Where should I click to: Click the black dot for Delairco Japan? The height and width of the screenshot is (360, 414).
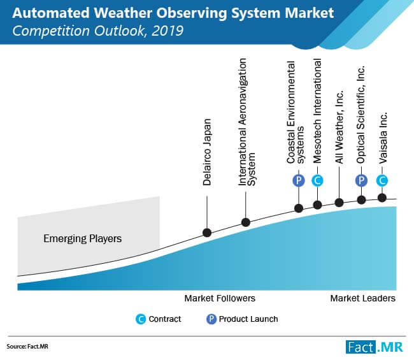pyautogui.click(x=207, y=233)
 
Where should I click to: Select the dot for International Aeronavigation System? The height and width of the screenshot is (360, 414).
pyautogui.click(x=246, y=222)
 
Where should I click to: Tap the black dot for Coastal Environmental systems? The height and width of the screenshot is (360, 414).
pyautogui.click(x=299, y=208)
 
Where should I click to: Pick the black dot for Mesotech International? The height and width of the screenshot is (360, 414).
pyautogui.click(x=317, y=205)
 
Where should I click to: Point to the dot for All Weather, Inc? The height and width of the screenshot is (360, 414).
pyautogui.click(x=339, y=203)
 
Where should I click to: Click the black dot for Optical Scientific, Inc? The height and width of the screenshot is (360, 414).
pyautogui.click(x=361, y=199)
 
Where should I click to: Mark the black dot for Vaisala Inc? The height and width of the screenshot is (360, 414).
pyautogui.click(x=382, y=198)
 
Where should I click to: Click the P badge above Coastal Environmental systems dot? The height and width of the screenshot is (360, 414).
pyautogui.click(x=299, y=181)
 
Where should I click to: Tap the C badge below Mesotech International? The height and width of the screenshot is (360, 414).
pyautogui.click(x=317, y=181)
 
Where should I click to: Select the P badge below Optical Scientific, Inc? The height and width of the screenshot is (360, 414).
pyautogui.click(x=361, y=181)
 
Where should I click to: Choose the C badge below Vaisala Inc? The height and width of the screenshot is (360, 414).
pyautogui.click(x=382, y=181)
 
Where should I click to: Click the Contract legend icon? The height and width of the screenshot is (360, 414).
pyautogui.click(x=141, y=319)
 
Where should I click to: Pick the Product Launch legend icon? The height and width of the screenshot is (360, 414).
pyautogui.click(x=211, y=319)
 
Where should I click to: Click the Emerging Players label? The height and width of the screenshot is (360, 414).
pyautogui.click(x=83, y=239)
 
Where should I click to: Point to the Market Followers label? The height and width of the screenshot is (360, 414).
pyautogui.click(x=220, y=298)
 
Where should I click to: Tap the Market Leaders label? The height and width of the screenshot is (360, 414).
pyautogui.click(x=363, y=298)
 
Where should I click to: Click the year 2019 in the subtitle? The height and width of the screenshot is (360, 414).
pyautogui.click(x=168, y=31)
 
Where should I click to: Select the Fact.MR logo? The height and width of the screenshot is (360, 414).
pyautogui.click(x=375, y=347)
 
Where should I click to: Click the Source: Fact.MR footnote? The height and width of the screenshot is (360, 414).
pyautogui.click(x=27, y=346)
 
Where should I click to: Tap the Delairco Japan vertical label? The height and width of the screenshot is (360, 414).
pyautogui.click(x=207, y=152)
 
